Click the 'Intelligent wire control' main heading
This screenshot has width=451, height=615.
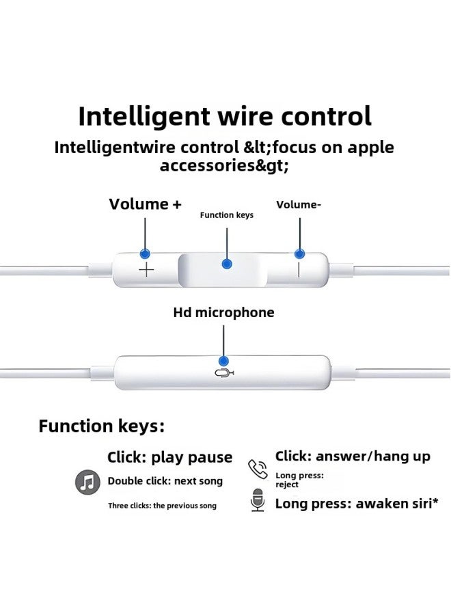[x=225, y=115]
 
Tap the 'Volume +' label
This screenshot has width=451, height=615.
[x=145, y=204]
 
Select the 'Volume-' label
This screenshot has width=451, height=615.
[x=299, y=204]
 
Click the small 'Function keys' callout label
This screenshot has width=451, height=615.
[x=226, y=215]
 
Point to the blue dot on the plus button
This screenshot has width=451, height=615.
[x=145, y=254]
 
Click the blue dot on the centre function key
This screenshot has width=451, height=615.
[x=227, y=263]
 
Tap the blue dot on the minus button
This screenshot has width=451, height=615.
[x=299, y=254]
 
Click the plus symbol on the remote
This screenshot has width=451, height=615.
[x=146, y=271]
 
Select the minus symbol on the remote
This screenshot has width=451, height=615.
[x=299, y=270]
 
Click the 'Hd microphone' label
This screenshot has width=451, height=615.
[x=223, y=313]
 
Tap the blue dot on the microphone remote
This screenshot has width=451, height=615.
[x=223, y=360]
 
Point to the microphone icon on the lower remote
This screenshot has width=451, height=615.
[x=223, y=373]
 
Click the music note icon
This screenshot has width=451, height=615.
[x=87, y=482]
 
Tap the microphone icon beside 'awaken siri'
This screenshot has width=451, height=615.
[x=258, y=501]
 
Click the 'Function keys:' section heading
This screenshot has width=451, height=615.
[x=101, y=426]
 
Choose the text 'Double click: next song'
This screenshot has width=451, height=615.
[x=165, y=481]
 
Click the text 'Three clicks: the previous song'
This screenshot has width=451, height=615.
[x=162, y=506]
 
